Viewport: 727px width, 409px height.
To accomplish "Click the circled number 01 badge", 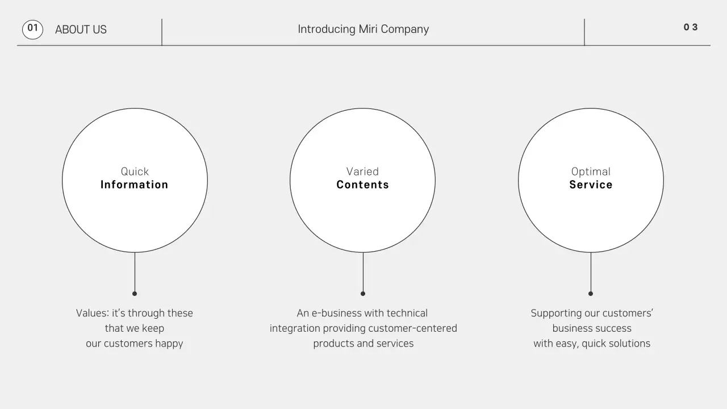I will tap(32, 29).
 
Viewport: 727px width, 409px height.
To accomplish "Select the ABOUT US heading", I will tap(81, 30).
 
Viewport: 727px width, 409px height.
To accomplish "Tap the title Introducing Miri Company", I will tap(363, 29).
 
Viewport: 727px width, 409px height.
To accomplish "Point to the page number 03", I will tap(691, 27).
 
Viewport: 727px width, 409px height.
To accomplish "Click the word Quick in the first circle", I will tap(135, 172).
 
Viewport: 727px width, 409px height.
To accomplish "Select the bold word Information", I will tap(135, 185).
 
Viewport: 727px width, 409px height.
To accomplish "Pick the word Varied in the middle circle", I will tap(362, 172).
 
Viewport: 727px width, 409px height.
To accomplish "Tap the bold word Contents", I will tap(362, 185).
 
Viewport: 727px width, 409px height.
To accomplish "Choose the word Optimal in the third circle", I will tap(591, 172).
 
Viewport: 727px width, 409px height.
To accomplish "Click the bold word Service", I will tap(591, 185).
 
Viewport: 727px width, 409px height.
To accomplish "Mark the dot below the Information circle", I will tap(135, 294).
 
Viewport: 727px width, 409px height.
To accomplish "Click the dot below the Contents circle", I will tap(363, 294).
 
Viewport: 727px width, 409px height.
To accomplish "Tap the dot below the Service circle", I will tap(591, 294).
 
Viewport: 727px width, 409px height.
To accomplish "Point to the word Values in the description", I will tap(92, 313).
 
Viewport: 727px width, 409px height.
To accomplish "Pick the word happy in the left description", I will tap(169, 344).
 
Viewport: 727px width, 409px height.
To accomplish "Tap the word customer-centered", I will tap(412, 328).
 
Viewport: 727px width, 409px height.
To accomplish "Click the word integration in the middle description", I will tap(295, 328).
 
